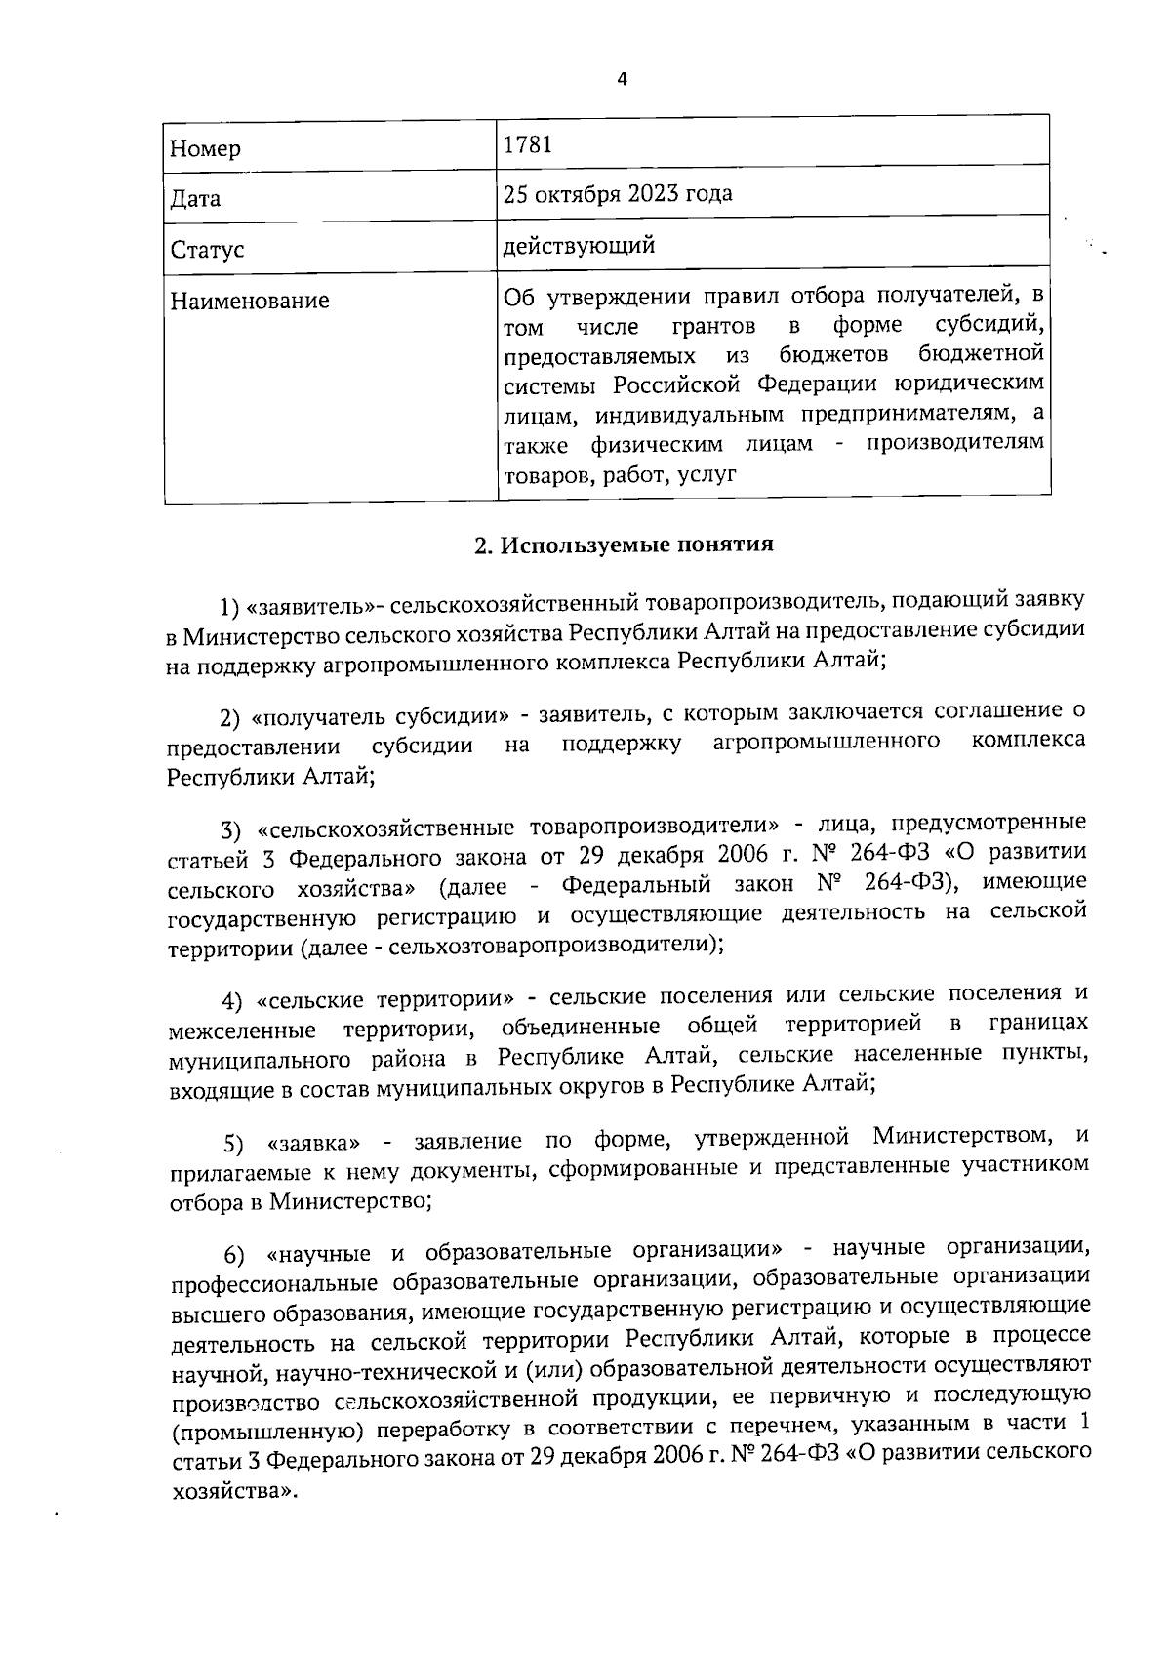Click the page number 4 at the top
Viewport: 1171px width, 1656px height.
coord(622,79)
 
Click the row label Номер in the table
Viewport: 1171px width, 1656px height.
coord(205,149)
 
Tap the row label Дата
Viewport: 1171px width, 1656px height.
coord(195,199)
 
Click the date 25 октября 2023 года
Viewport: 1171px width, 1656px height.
coord(617,193)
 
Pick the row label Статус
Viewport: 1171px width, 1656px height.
coord(207,250)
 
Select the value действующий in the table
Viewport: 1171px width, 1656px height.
coord(578,245)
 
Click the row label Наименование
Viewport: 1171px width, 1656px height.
coord(250,301)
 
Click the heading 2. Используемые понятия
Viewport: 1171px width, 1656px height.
coord(624,545)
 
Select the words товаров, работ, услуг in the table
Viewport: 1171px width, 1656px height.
coord(619,475)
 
